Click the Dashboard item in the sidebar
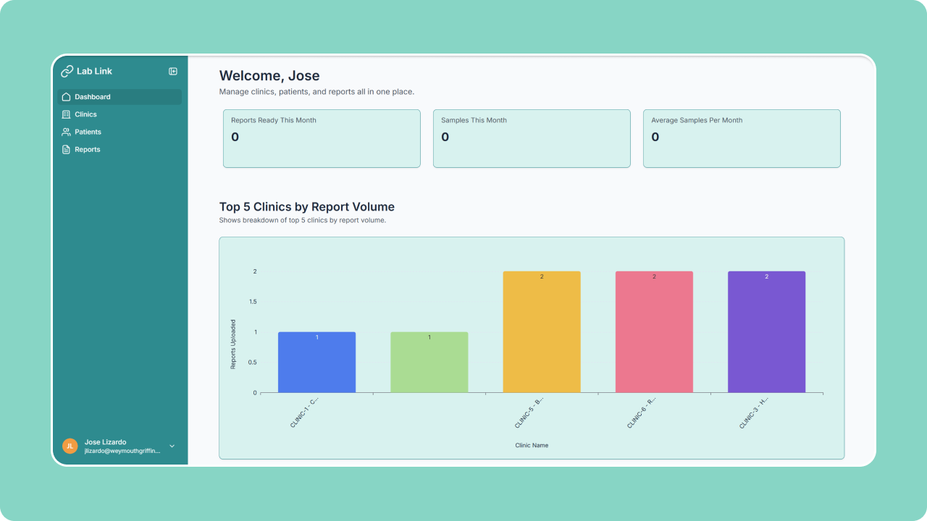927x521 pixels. coord(92,97)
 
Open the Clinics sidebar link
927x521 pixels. coord(85,114)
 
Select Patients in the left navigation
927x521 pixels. coord(88,132)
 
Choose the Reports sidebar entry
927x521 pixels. coord(87,150)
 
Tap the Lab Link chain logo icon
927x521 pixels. coord(67,72)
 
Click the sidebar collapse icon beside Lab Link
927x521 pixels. coord(173,71)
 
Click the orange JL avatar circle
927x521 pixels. coord(70,446)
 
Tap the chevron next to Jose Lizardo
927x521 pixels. coord(172,446)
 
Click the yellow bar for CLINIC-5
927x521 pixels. coord(542,333)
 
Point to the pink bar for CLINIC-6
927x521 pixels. coord(654,333)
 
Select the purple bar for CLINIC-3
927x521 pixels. coord(766,333)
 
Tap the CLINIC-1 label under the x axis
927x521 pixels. coord(304,412)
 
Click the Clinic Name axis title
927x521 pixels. coord(532,445)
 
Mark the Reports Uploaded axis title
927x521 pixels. coord(233,344)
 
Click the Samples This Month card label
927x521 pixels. coord(474,120)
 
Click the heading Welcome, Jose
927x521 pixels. coord(269,76)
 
